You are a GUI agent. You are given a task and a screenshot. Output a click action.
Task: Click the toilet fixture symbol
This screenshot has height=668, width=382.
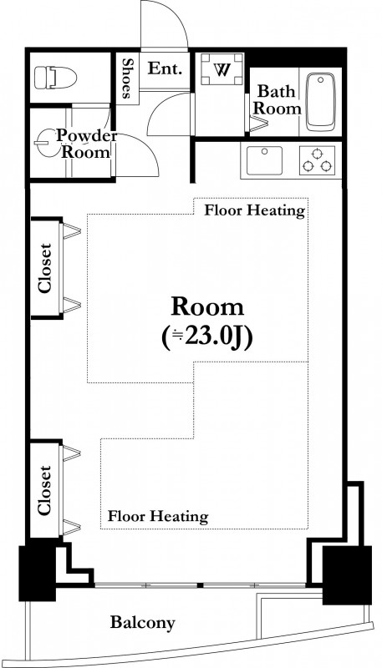tap(55, 78)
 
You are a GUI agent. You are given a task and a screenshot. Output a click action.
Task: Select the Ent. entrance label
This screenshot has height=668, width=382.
tap(165, 68)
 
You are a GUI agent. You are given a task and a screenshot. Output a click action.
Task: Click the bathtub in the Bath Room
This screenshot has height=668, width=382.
tap(321, 102)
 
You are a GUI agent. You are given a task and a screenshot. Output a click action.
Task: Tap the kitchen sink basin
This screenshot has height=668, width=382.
tap(264, 160)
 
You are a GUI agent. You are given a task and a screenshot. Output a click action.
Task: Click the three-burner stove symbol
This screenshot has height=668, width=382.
tap(317, 160)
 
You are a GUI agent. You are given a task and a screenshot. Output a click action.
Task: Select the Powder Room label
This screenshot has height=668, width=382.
tap(87, 144)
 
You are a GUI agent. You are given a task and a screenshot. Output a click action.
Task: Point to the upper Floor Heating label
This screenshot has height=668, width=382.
tap(255, 210)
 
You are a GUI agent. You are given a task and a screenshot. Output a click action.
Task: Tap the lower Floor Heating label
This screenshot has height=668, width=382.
tap(158, 516)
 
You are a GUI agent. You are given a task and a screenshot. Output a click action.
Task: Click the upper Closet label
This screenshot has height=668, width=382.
tap(45, 268)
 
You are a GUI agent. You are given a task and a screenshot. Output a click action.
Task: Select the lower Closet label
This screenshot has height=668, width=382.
tap(44, 489)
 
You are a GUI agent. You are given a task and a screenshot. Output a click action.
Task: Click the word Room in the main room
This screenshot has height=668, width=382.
tap(207, 306)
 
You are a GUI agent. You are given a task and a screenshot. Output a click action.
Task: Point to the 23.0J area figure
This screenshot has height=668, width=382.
tap(207, 338)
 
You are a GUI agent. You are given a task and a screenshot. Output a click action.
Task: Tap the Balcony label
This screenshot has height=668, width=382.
tap(143, 623)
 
